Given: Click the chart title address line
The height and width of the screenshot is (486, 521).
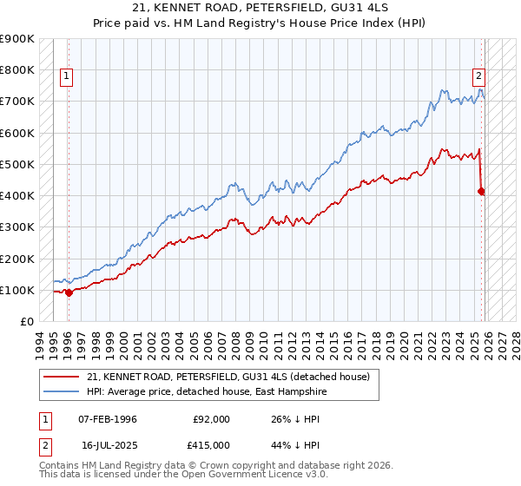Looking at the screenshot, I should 260,8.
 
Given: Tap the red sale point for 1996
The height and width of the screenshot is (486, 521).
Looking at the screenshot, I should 69,292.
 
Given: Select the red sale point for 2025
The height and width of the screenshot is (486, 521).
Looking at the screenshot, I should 482,191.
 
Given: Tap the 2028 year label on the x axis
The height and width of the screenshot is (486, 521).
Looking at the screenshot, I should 516,341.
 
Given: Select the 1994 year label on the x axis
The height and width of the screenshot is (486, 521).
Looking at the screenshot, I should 40,341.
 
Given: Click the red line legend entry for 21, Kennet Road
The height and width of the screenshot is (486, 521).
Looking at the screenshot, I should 228,377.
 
